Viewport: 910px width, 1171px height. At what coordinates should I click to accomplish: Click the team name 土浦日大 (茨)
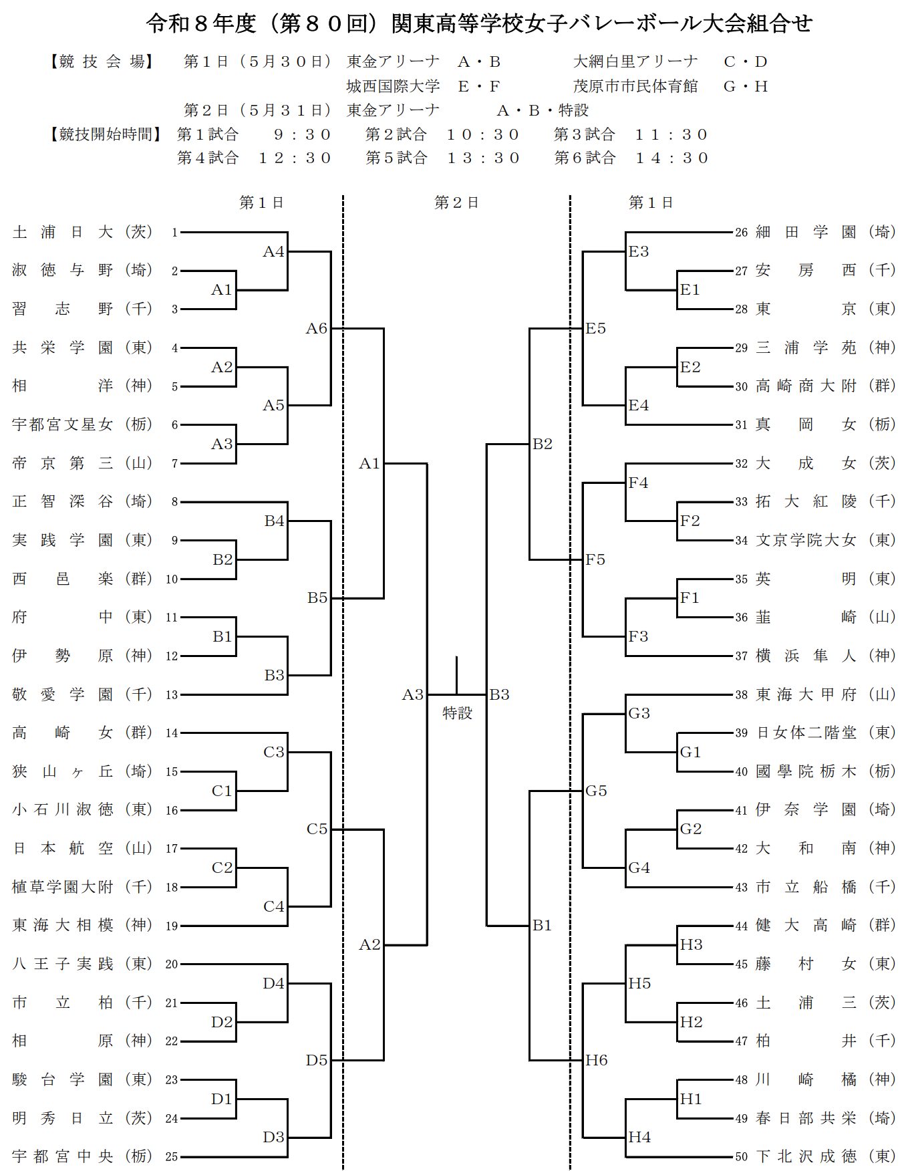[83, 232]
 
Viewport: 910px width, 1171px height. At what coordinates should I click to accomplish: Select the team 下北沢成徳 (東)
[826, 1156]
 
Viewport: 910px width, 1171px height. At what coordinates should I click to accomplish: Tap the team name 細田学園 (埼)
[826, 232]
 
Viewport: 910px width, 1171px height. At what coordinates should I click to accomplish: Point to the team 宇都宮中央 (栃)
[83, 1156]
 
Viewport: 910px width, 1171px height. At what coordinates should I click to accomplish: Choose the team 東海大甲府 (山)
[826, 694]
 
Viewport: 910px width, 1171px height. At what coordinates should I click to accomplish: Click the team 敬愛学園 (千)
[83, 694]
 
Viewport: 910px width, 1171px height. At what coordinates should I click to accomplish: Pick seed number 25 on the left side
[172, 1157]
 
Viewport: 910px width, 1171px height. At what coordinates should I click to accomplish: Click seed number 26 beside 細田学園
[741, 233]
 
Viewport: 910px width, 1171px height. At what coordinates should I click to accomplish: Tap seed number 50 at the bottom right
[741, 1157]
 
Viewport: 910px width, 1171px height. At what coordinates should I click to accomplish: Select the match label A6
[317, 328]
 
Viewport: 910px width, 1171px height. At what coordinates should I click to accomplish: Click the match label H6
[597, 1060]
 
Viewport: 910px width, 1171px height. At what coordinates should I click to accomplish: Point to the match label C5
[317, 829]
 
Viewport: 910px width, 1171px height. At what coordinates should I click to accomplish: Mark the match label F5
[595, 559]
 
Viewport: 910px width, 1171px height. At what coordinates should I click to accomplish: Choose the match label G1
[690, 752]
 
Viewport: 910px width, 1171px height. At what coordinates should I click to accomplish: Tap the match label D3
[274, 1137]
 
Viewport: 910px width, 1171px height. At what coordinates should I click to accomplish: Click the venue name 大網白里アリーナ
[635, 61]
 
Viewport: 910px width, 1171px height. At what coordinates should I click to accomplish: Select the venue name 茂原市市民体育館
[635, 86]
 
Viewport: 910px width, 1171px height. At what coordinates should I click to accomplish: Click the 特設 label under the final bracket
[457, 713]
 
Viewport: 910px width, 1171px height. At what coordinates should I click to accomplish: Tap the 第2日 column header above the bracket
[456, 203]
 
